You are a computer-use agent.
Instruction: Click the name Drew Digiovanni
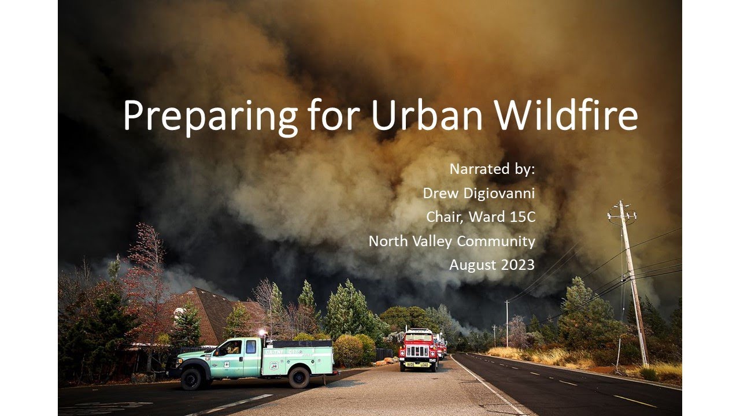479,193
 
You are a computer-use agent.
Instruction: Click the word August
469,265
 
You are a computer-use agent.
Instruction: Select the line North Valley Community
452,241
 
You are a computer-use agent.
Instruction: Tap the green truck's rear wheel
299,377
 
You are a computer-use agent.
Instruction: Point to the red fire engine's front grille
417,350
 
